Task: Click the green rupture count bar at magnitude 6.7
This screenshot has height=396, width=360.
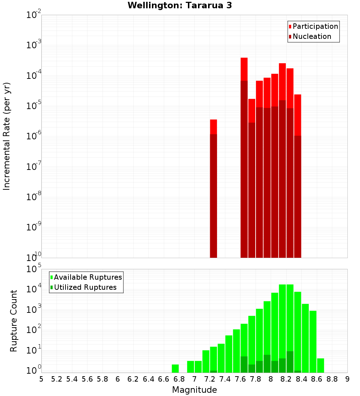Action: point(175,369)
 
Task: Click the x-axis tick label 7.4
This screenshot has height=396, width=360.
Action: point(225,379)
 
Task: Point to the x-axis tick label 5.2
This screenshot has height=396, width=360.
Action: point(57,379)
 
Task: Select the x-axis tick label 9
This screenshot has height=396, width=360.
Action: point(347,379)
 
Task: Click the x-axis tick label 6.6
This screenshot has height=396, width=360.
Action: point(164,379)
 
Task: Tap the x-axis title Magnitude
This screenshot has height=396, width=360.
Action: point(194,390)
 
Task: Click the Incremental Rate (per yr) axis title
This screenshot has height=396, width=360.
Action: point(6,136)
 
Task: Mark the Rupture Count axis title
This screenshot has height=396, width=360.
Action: point(14,321)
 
